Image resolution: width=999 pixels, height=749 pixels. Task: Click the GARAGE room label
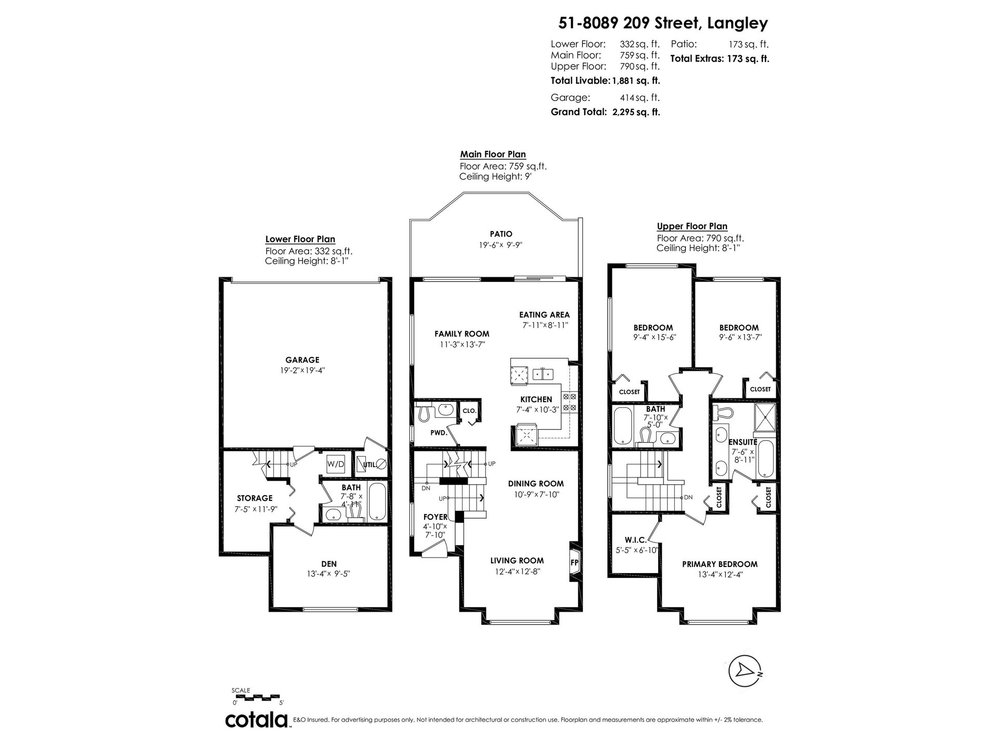(x=302, y=359)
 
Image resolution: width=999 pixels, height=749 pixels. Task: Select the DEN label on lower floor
(x=329, y=564)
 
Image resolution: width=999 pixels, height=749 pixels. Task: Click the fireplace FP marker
(x=574, y=563)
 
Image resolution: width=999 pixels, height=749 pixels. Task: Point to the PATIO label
(x=501, y=234)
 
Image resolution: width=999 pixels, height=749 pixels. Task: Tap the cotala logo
(x=257, y=720)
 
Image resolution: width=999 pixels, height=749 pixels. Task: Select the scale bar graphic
(x=256, y=695)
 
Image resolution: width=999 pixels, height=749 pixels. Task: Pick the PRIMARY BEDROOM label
(x=720, y=564)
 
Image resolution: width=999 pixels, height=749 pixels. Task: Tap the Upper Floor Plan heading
(x=692, y=226)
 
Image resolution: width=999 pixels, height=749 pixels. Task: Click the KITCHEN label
(x=536, y=399)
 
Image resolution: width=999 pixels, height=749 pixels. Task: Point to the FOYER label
(x=436, y=516)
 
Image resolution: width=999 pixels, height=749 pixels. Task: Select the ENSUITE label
(x=742, y=442)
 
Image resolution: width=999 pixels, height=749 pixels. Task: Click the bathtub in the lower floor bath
(x=376, y=502)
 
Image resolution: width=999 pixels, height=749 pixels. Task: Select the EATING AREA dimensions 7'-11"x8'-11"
(x=545, y=325)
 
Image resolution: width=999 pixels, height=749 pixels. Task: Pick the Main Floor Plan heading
(x=493, y=154)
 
